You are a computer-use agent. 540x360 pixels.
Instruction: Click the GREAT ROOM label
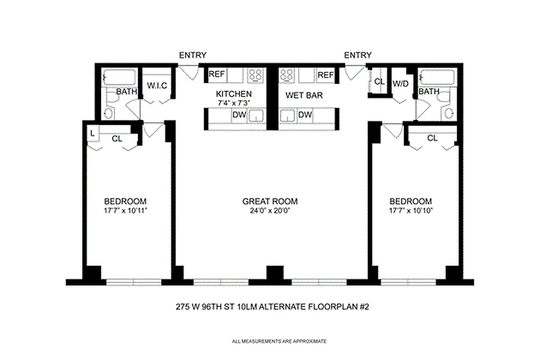coord(270,202)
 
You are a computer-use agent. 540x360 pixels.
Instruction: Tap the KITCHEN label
coord(234,94)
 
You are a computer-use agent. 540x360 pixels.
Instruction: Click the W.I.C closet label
coord(157,86)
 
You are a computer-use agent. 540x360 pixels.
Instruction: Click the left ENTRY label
coord(193,55)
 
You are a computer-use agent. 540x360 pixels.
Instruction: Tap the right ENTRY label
coord(358,55)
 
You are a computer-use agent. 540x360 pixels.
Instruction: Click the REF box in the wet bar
coord(325,75)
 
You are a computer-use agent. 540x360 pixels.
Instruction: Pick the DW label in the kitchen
coord(239,115)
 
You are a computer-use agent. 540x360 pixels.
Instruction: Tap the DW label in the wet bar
coord(305,115)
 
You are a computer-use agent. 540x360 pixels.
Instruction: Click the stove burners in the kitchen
coord(256,75)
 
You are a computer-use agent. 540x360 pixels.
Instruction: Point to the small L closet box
coord(92,133)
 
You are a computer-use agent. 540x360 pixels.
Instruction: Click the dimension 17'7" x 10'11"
coord(125,210)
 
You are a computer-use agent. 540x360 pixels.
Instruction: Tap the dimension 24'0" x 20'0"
coord(270,210)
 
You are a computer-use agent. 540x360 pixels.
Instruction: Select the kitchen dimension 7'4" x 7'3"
coord(234,103)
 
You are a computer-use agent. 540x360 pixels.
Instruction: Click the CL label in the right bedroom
coord(432,139)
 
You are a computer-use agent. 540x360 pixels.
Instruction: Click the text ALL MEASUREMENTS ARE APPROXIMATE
coord(279,342)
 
